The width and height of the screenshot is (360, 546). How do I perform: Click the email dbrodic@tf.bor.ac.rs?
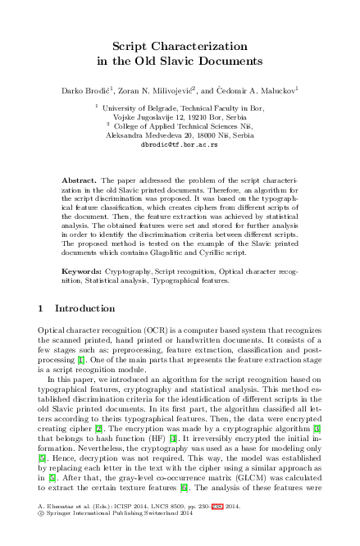[180, 143]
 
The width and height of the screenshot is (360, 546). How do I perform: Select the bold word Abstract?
[79, 179]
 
